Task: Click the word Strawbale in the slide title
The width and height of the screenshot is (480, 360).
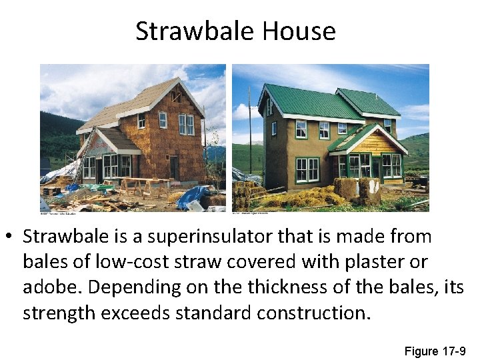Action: pyautogui.click(x=195, y=31)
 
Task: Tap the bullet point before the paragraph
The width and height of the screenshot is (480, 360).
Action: pyautogui.click(x=11, y=237)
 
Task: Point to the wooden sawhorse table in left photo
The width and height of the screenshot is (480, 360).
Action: pyautogui.click(x=143, y=185)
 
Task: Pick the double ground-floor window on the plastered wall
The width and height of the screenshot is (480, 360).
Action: pyautogui.click(x=307, y=169)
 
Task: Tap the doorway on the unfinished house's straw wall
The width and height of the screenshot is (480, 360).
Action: pyautogui.click(x=174, y=167)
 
